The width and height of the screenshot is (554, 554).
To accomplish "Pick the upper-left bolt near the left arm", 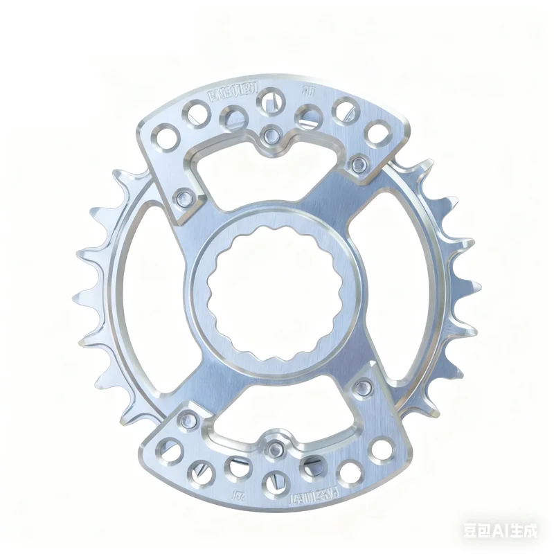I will (x=184, y=197).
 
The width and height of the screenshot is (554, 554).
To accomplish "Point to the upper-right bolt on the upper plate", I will (x=359, y=163).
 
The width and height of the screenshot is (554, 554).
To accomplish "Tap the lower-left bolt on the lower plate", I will (x=188, y=418).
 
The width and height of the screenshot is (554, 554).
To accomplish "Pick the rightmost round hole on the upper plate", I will (x=377, y=132).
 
